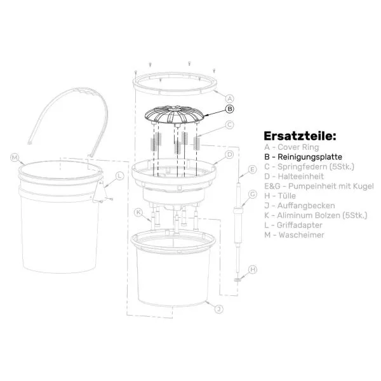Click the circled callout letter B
coord(230,109)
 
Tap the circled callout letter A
coord(229,98)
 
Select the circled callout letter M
coord(15,157)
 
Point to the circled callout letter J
coord(219,309)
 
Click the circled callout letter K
coord(138,213)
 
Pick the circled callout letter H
coord(253,269)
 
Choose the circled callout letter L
coord(119,176)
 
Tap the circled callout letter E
coord(253,170)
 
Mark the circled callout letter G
coord(253,194)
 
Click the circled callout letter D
coord(229,154)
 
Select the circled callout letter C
coord(229,124)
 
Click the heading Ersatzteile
coord(300,136)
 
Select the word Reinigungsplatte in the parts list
coord(310,157)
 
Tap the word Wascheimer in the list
coord(301,235)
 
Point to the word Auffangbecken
coord(306,206)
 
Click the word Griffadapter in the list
coord(300,225)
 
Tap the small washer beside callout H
coord(237,280)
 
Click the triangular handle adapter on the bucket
coord(100,193)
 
